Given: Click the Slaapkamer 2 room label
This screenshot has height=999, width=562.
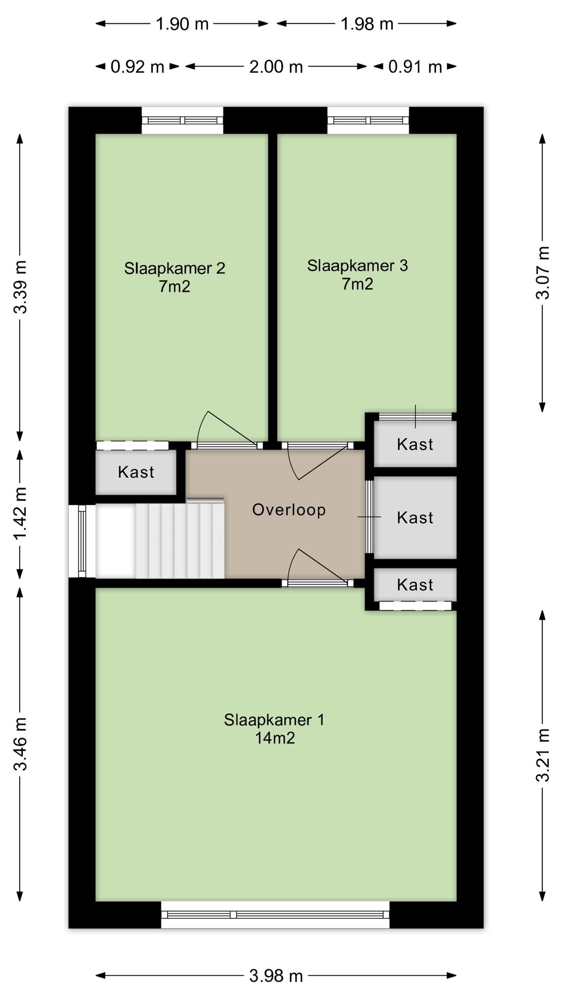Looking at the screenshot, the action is point(174,277).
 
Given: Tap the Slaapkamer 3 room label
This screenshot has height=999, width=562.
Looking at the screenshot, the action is point(357,274).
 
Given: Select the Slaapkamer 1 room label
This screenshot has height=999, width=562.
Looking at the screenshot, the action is point(274,728).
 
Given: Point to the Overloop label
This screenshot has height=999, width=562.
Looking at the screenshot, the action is point(289,509).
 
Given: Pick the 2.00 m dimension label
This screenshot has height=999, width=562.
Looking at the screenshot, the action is point(276,67).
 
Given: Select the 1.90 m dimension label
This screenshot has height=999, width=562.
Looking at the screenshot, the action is point(182,23).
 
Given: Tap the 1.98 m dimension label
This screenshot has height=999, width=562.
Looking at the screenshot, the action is point(367,23).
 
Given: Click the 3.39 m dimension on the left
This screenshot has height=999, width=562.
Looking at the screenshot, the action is point(20,287).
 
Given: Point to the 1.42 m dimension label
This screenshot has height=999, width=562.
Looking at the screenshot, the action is point(20,514).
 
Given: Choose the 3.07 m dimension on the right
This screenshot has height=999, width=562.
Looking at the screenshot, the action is point(543,272).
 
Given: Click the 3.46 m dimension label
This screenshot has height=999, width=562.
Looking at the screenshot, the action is point(20,744).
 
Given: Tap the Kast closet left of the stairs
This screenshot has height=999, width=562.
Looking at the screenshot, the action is point(136,472).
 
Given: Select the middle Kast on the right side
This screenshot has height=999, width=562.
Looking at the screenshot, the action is point(415,517).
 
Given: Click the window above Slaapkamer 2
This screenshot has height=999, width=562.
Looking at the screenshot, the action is point(183,120).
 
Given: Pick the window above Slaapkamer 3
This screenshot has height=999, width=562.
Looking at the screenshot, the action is point(368,120).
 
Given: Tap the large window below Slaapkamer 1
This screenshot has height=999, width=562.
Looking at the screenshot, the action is point(275,914).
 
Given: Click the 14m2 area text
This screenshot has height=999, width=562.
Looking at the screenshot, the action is point(275,738).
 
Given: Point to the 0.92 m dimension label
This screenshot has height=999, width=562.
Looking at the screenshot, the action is point(137,67).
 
